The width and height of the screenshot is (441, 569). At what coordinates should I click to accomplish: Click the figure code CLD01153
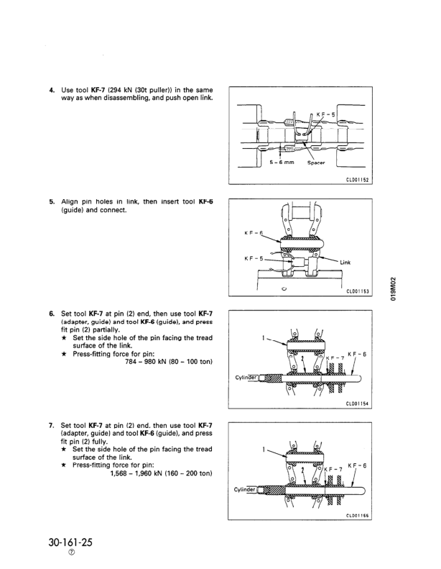tap(353, 291)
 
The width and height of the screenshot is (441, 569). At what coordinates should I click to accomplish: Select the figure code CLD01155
tap(353, 515)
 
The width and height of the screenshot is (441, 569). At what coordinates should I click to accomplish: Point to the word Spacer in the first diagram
tap(317, 163)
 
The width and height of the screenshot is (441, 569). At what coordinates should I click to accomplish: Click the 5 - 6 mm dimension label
tap(282, 163)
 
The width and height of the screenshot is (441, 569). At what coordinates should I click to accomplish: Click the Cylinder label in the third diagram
tap(246, 376)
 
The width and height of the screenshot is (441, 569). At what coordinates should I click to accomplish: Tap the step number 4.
tap(52, 90)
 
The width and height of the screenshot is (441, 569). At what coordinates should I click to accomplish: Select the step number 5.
tap(52, 202)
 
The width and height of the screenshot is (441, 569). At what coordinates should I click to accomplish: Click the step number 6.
tap(52, 314)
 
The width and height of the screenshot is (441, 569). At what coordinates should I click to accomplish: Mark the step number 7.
tap(52, 425)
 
